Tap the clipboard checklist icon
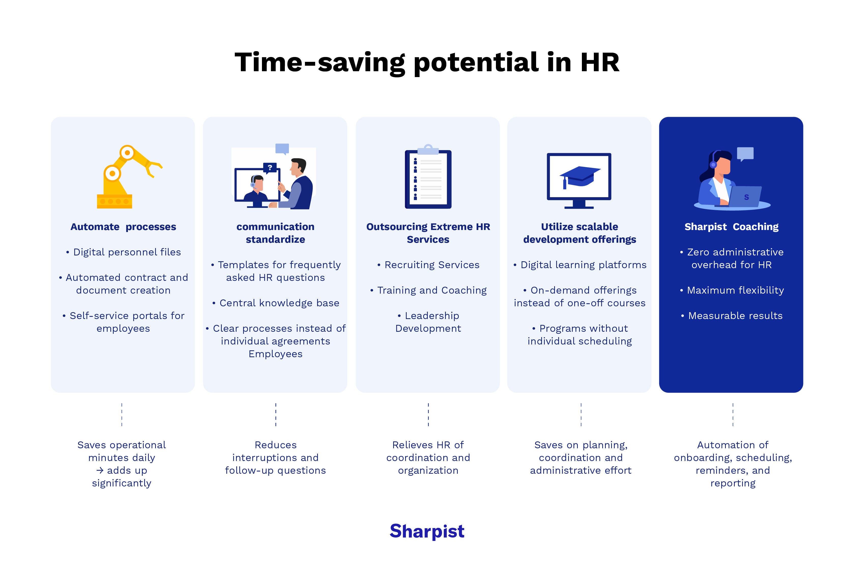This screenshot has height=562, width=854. (428, 179)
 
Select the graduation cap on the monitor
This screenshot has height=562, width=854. (579, 176)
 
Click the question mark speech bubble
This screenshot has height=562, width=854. (270, 168)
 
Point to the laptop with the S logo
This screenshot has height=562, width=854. (746, 197)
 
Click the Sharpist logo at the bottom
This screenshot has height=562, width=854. (427, 531)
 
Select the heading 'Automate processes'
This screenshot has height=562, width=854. (123, 227)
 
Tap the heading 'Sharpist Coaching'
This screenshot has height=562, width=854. (731, 227)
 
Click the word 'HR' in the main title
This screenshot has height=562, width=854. (600, 62)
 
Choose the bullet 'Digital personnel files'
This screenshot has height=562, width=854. (127, 252)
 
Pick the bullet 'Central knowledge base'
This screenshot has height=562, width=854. (279, 303)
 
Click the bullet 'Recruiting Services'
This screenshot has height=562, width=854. (432, 265)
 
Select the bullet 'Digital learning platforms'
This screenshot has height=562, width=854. (583, 265)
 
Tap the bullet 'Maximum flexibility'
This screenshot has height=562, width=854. (735, 290)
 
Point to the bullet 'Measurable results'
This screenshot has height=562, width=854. (735, 316)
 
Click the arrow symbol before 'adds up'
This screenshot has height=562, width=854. (100, 470)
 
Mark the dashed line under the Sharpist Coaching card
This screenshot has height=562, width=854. (733, 414)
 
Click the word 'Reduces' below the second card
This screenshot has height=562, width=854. (276, 445)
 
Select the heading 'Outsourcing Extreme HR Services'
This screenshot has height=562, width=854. (428, 233)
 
